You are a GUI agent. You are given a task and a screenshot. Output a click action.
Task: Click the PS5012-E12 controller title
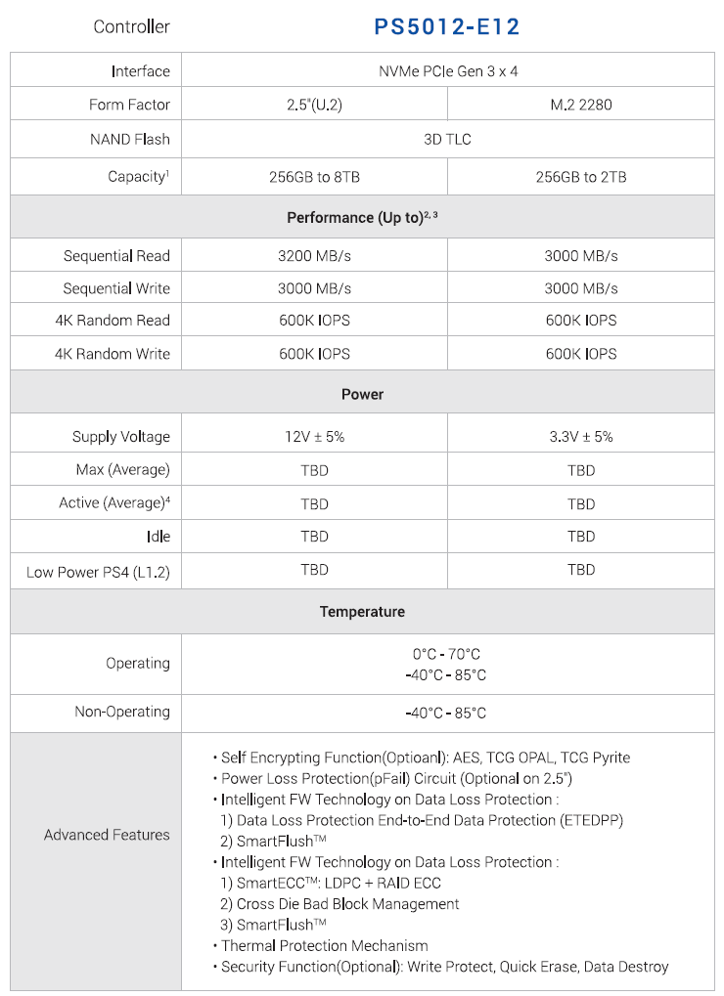447,26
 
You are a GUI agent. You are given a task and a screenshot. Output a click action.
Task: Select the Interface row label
140,71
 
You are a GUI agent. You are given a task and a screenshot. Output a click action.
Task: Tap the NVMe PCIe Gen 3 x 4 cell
447,71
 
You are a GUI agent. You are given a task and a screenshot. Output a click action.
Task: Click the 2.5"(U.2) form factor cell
314,105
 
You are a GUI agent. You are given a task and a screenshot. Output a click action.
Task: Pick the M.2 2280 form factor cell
581,105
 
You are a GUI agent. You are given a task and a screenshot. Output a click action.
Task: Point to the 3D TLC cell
447,139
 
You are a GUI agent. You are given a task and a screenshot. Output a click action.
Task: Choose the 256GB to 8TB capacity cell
314,177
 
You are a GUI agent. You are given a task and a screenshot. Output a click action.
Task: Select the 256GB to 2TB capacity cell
581,177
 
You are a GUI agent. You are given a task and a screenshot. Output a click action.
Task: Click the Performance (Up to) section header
362,217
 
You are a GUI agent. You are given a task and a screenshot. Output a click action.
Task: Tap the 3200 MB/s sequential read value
314,256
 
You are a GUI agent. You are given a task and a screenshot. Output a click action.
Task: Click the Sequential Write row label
116,288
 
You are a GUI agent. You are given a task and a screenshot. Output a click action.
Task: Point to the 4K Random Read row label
113,321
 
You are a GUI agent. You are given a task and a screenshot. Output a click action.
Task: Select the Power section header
362,394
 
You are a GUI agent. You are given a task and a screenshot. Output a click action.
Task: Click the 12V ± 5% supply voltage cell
314,437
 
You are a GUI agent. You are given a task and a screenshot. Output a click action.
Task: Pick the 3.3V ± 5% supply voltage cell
581,437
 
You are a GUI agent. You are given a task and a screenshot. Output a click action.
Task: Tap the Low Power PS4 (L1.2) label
98,571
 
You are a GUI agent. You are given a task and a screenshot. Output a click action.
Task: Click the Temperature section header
362,612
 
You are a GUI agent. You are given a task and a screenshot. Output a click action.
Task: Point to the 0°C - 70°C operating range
446,654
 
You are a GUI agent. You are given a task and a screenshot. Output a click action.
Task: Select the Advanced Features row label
107,835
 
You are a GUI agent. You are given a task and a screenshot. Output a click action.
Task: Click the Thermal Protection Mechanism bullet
325,945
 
